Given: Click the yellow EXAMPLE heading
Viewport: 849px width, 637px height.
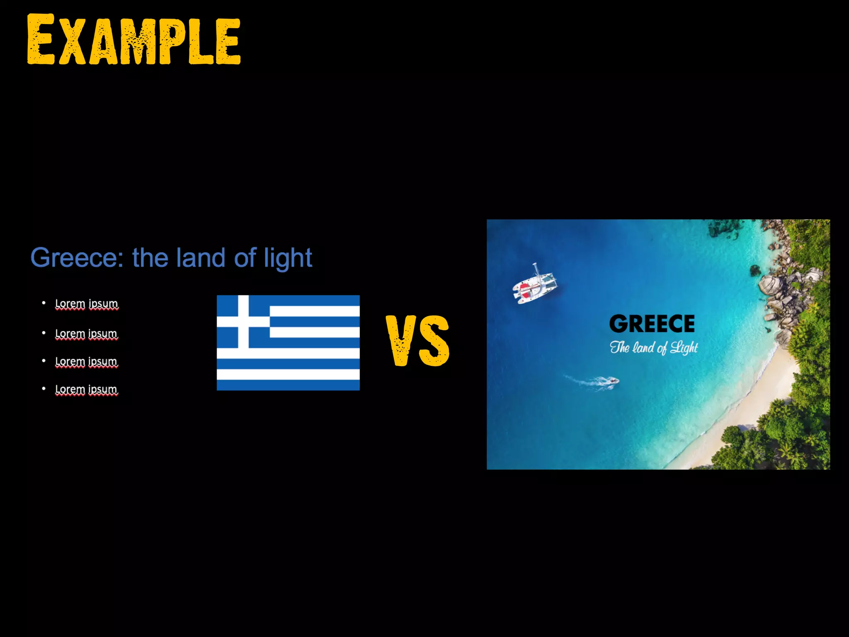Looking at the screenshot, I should point(133,40).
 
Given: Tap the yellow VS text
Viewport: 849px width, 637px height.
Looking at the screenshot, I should point(417,341).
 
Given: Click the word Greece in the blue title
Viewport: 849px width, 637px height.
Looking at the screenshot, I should point(76,258).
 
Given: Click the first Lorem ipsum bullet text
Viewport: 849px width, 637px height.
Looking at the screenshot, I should point(87,304).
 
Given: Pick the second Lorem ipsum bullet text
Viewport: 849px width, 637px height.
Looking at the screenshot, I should point(86,333).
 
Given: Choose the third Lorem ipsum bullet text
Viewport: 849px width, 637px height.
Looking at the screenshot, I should point(86,361).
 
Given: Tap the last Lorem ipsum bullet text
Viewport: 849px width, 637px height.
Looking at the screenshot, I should point(86,389).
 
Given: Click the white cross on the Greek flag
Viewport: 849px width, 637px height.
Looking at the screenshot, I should point(243,322).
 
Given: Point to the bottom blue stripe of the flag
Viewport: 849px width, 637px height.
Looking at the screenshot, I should point(288,385).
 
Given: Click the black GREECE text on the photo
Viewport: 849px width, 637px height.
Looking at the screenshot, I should point(652,324).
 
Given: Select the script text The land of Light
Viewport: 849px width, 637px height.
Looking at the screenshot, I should point(654,348).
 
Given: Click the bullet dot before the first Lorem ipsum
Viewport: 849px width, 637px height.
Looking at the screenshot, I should point(44,303).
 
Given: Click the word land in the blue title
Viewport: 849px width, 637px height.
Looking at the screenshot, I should point(201,258).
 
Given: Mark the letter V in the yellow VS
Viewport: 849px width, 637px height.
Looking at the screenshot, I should point(400,341).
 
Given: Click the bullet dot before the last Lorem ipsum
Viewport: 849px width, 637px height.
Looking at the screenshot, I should point(44,389).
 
